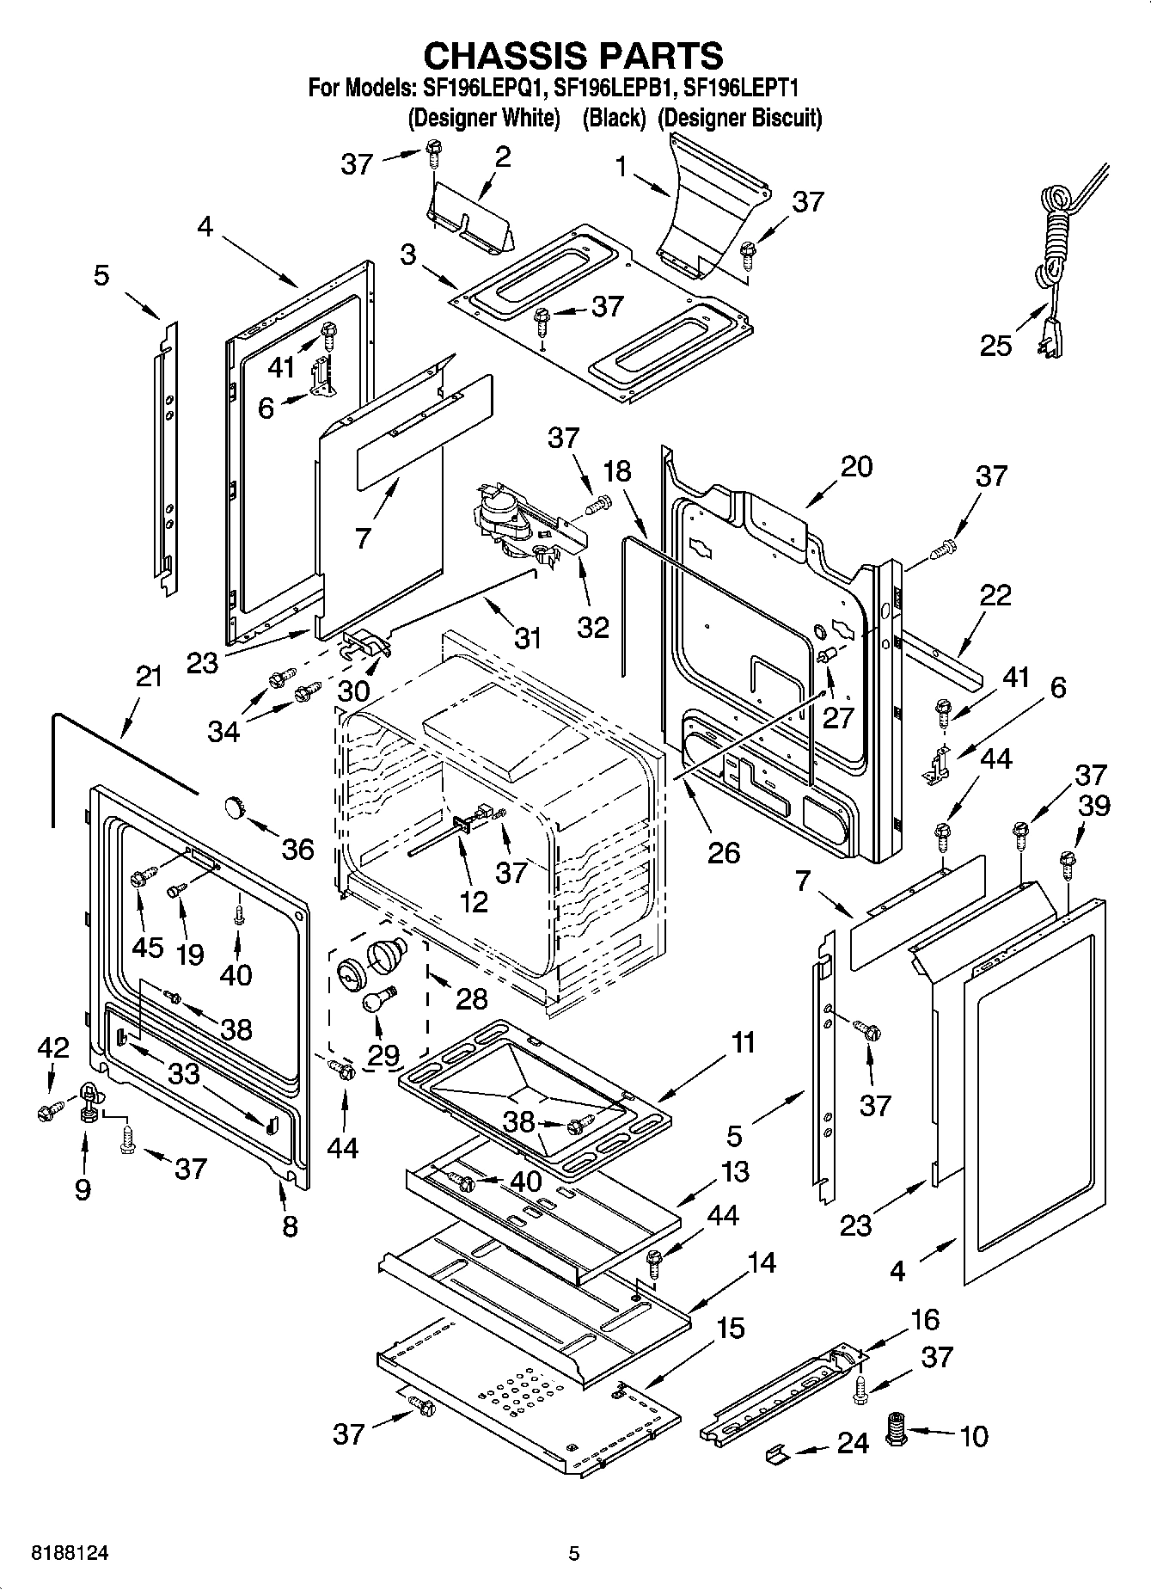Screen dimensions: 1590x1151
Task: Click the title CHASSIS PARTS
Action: point(574,56)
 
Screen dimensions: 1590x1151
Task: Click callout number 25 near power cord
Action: point(996,346)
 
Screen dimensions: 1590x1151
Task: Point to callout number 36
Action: point(298,850)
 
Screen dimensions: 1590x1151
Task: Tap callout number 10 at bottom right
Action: point(973,1435)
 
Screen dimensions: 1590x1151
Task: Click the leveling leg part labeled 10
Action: point(898,1431)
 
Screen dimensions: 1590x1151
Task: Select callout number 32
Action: point(592,626)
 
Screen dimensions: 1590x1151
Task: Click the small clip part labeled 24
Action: point(778,1452)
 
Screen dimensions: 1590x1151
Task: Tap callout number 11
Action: point(742,1042)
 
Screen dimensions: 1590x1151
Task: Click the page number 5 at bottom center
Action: point(574,1554)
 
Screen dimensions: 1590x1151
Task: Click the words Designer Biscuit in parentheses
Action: point(740,118)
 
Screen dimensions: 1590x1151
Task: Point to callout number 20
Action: point(855,466)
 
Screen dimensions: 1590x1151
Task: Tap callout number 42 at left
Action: point(52,1047)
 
